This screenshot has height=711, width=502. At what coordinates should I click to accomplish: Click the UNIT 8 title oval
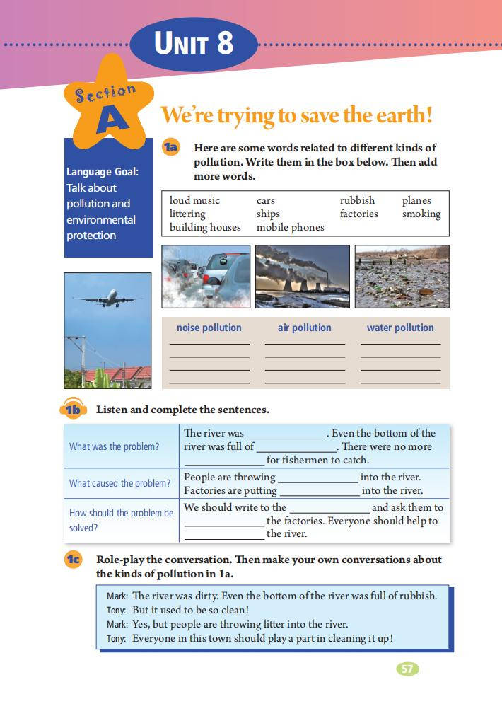[194, 44]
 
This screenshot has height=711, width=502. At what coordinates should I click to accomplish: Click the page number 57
[407, 669]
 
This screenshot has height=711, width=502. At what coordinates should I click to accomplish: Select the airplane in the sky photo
[106, 299]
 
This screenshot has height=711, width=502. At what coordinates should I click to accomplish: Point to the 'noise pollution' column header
[209, 328]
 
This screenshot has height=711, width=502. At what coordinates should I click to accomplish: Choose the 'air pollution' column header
[304, 328]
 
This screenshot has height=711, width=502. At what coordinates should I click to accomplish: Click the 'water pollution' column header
[400, 328]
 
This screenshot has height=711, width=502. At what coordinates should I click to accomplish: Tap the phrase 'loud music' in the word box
[194, 200]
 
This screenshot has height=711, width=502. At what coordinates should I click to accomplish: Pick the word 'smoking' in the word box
[421, 214]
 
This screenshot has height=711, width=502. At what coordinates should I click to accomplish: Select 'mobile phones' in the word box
[290, 227]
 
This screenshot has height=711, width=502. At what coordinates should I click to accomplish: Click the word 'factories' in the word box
[358, 214]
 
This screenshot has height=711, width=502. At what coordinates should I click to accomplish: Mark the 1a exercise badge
[171, 147]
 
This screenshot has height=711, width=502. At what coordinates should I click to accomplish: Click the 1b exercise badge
[73, 410]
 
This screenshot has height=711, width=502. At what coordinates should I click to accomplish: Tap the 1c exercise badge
[74, 560]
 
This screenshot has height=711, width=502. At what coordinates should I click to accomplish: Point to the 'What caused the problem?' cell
[119, 483]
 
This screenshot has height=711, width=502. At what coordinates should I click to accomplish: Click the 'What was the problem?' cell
[114, 446]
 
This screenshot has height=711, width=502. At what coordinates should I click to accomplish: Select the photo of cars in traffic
[206, 277]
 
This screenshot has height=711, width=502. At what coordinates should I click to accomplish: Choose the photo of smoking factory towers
[302, 277]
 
